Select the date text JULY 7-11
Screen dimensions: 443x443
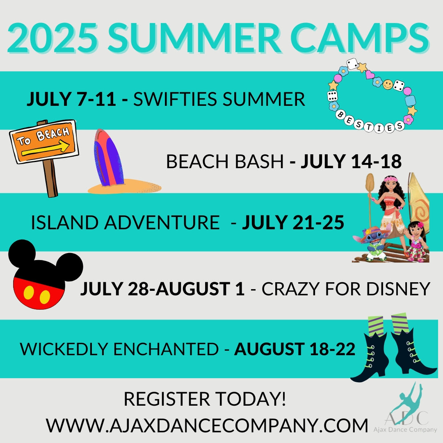[71, 99]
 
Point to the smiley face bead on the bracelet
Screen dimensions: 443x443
[388, 84]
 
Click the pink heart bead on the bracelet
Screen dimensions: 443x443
[370, 75]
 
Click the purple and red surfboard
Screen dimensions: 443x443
[108, 158]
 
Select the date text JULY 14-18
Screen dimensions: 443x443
[351, 161]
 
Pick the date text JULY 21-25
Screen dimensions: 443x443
[293, 222]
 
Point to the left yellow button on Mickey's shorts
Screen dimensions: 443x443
[29, 293]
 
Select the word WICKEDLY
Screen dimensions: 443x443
[64, 349]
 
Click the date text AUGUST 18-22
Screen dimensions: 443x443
[295, 349]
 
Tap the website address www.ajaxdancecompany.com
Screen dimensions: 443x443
[207, 425]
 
